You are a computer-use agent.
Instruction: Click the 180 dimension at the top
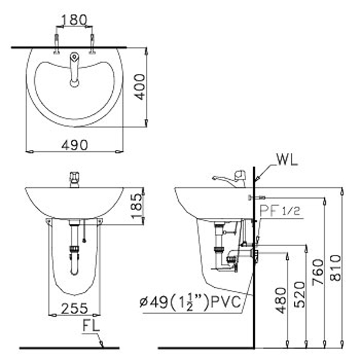pos(74,20)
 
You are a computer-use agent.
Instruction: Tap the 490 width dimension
pos(74,144)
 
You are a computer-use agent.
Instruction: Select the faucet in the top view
pos(74,70)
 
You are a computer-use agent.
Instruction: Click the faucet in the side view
pos(231,178)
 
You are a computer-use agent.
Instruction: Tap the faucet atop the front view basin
pos(74,179)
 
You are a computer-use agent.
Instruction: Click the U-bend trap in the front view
pos(74,264)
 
